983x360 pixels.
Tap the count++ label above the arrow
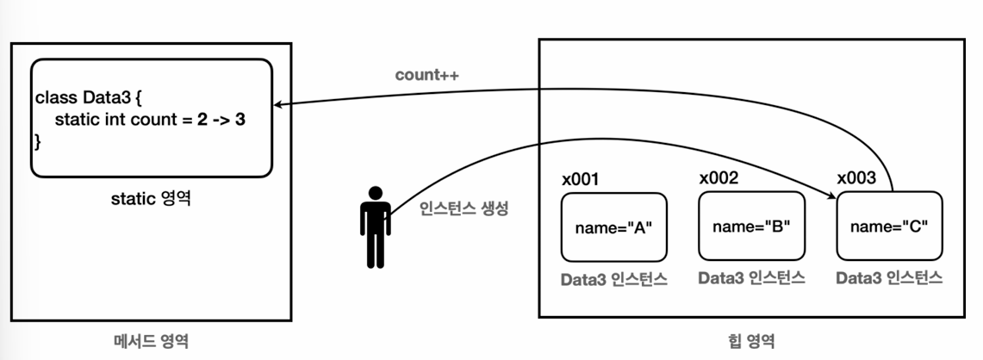click(426, 75)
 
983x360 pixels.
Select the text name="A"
click(614, 228)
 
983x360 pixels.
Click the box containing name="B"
click(751, 226)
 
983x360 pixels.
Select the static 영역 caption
click(151, 199)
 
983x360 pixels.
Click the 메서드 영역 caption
click(151, 341)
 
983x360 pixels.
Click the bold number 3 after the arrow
click(241, 120)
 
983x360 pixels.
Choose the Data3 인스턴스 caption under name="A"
click(613, 279)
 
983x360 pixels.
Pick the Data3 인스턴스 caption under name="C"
click(890, 278)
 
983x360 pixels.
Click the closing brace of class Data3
click(38, 140)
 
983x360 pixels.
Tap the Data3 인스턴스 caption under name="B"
click(751, 278)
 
